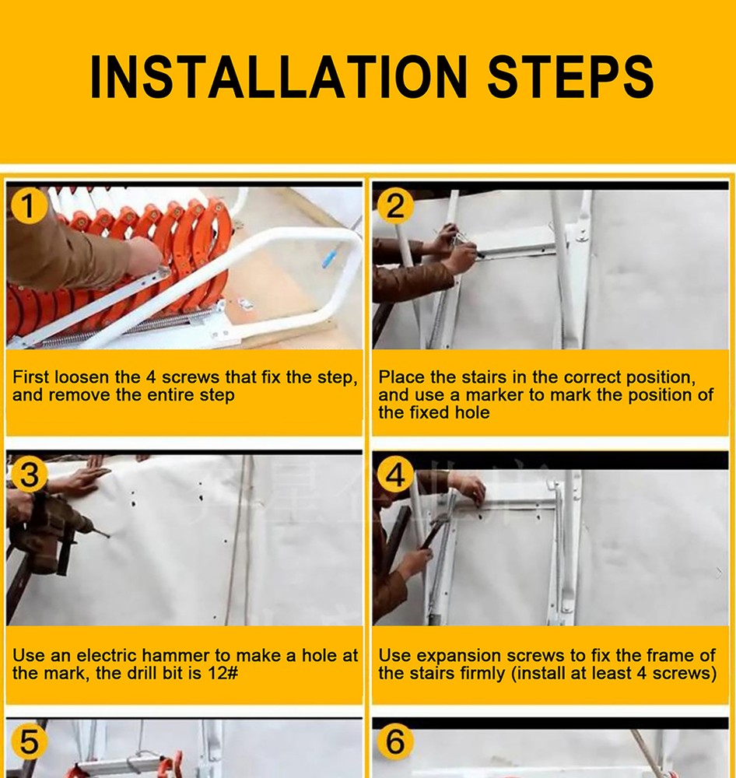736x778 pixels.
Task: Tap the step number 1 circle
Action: [28, 207]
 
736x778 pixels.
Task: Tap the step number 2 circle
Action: [395, 207]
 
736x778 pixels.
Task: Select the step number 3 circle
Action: [28, 475]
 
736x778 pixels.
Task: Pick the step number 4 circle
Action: [395, 475]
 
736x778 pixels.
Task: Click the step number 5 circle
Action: [28, 742]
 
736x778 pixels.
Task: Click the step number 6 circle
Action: [395, 742]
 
